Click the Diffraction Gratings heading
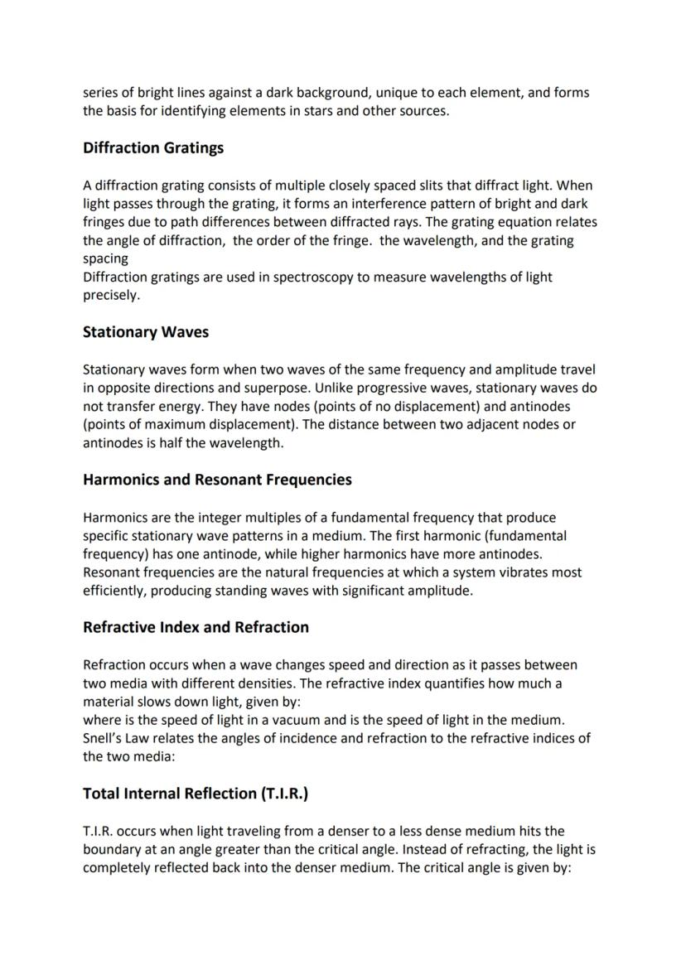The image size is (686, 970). pos(153,148)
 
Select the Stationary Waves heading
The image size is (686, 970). pos(146,332)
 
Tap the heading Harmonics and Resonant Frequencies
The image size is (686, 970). pos(217,480)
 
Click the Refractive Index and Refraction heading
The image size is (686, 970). pos(196,627)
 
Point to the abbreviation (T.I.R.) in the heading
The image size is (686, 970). pos(284,794)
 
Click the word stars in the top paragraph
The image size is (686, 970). pos(340,111)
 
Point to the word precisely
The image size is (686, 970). pos(111,295)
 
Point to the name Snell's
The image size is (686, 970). pos(105,738)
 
